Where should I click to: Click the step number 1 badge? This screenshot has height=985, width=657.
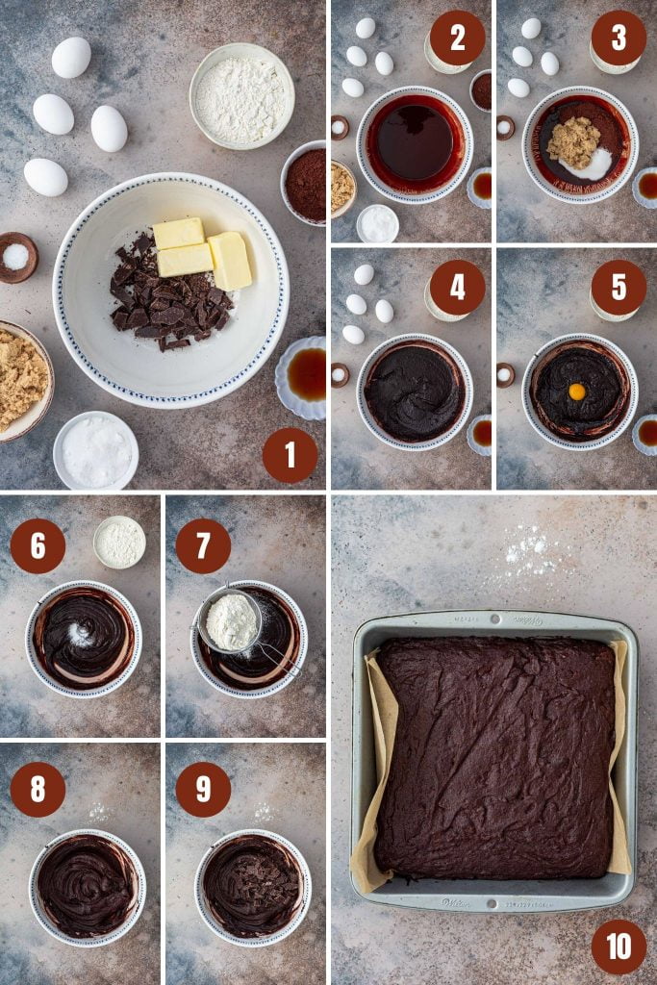(x=290, y=455)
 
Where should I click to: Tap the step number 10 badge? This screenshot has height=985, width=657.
(x=619, y=947)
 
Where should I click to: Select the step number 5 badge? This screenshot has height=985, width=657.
(x=619, y=287)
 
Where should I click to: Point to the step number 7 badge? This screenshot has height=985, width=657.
(x=203, y=545)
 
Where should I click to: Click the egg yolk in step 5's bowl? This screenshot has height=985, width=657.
(x=577, y=391)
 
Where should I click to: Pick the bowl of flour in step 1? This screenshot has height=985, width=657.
(x=241, y=96)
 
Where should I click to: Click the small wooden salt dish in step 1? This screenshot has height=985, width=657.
(x=16, y=257)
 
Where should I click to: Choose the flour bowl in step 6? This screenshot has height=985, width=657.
(x=120, y=542)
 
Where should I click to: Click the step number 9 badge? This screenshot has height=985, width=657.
(x=203, y=789)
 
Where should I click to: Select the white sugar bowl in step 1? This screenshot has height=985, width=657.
(x=95, y=450)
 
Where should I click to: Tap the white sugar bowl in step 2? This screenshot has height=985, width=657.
(x=377, y=223)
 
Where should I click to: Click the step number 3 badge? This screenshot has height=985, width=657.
(x=619, y=38)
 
